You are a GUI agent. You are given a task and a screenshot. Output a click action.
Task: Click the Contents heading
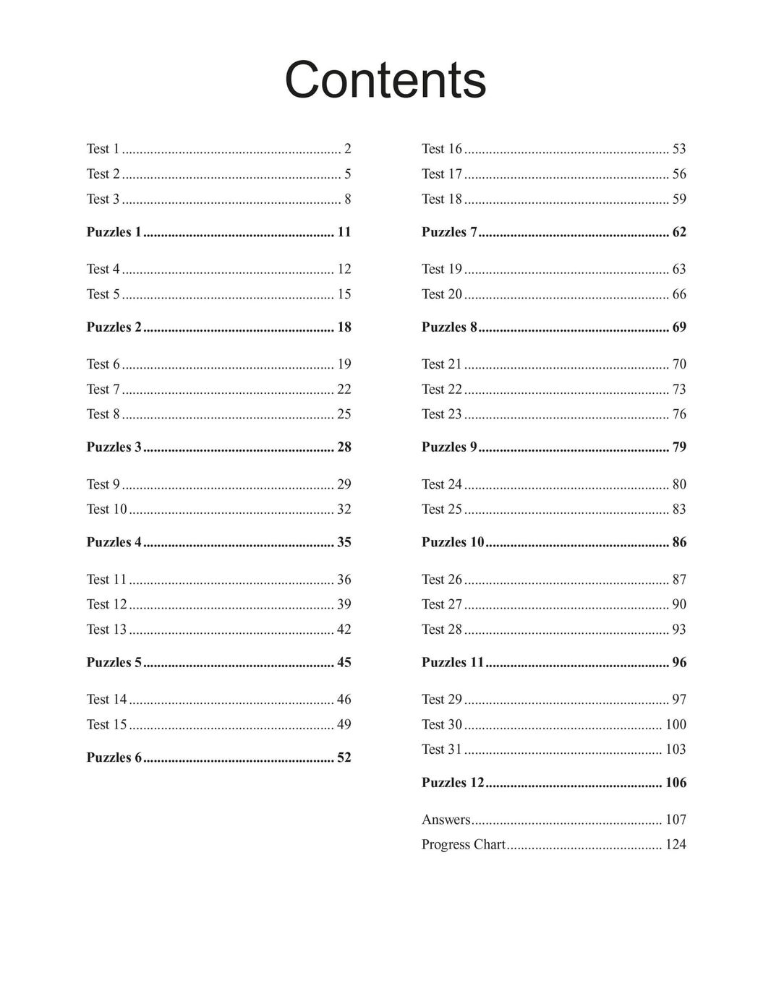[x=385, y=80]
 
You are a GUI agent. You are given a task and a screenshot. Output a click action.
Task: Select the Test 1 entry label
[x=103, y=149]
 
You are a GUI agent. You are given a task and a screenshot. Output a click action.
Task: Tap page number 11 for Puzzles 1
[x=344, y=232]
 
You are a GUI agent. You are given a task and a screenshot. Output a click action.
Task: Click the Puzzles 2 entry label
[x=114, y=327]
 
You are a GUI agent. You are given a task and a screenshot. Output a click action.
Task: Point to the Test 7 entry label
[x=103, y=390]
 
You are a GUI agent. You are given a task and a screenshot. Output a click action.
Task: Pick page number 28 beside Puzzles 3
[x=344, y=447]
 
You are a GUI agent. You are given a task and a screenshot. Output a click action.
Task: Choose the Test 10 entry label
[x=106, y=510]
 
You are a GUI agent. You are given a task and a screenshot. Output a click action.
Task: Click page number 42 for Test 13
[x=344, y=630]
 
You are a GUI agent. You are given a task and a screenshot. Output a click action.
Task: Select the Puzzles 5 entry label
[x=114, y=663]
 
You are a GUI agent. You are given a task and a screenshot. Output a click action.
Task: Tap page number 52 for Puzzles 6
[x=344, y=758]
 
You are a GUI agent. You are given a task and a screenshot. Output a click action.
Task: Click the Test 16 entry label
[x=441, y=149]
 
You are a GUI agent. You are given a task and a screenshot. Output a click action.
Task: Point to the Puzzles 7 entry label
[x=449, y=232]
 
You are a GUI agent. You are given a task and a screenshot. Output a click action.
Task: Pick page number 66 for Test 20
[x=678, y=294]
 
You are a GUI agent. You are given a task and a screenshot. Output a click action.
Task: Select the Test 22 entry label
[x=441, y=390]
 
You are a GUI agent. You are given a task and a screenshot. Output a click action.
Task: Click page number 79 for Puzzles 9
[x=678, y=447]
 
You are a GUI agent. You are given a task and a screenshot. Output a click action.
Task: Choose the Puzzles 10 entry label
[x=453, y=543]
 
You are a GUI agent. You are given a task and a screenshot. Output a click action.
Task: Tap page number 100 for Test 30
[x=676, y=725]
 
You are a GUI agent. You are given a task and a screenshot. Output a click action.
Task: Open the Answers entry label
[x=446, y=820]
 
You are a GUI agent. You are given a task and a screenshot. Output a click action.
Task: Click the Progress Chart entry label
[x=463, y=845]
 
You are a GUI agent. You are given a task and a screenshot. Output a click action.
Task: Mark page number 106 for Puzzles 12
[x=676, y=783]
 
